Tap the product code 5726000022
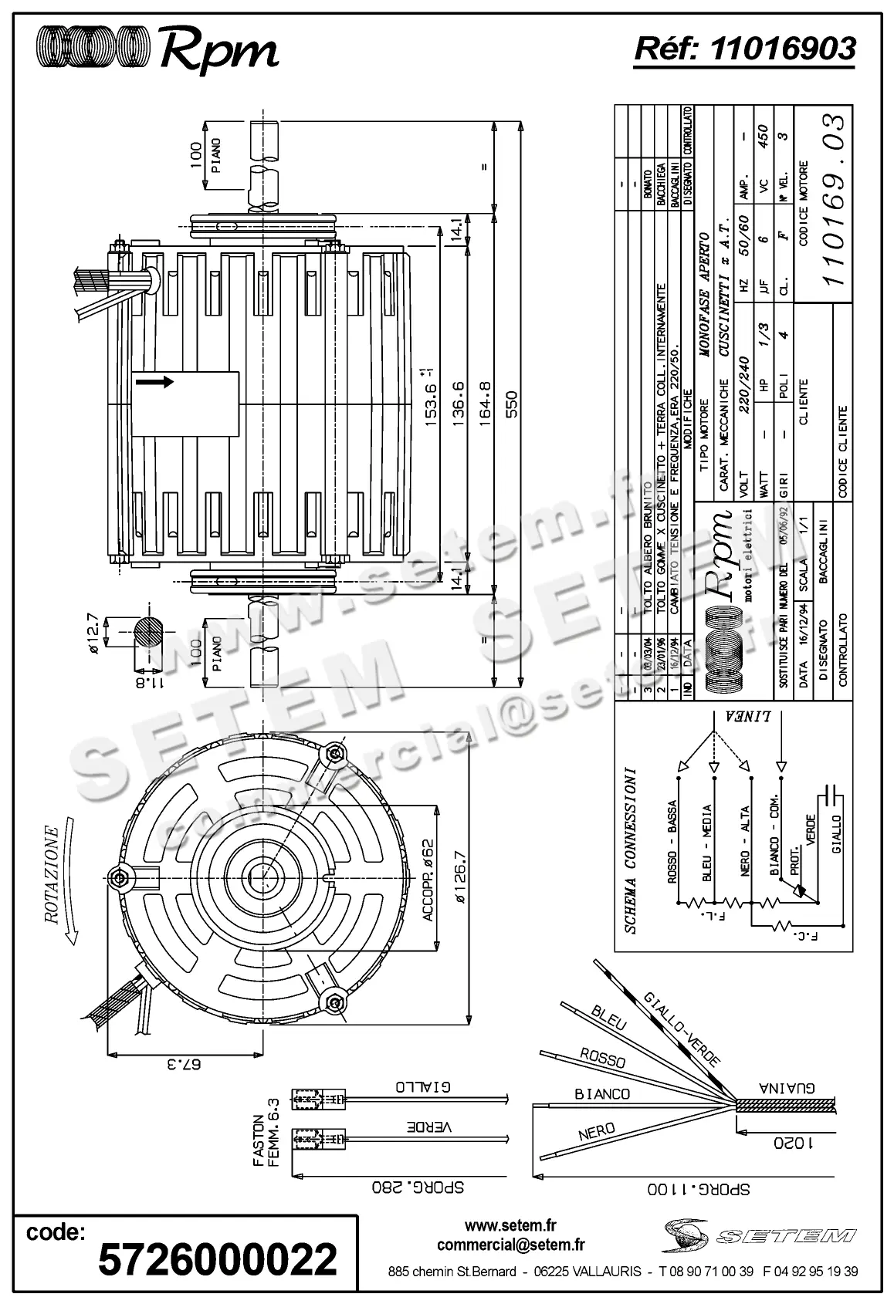pyautogui.click(x=218, y=1258)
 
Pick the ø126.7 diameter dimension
pyautogui.click(x=461, y=877)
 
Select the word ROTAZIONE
pyautogui.click(x=52, y=874)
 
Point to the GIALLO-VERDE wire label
pyautogui.click(x=682, y=1029)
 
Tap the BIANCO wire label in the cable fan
pyautogui.click(x=602, y=1093)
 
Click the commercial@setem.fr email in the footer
pyautogui.click(x=510, y=1245)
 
